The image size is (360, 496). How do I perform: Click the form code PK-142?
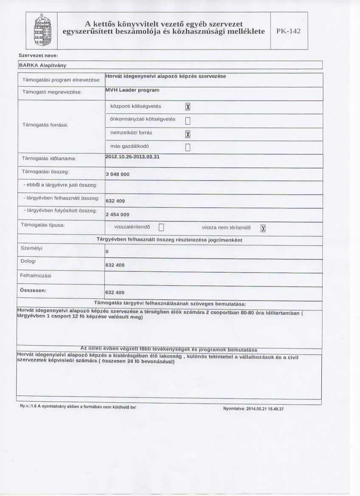[289, 31]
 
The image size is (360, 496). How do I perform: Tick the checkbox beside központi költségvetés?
[187, 107]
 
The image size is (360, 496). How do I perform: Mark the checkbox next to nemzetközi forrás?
[187, 134]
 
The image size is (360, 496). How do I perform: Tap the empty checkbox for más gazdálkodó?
[187, 148]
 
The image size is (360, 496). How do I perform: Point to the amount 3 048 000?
[118, 175]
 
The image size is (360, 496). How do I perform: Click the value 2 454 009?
[118, 214]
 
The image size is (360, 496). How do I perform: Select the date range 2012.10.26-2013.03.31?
[132, 157]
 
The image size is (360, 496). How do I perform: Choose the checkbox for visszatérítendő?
[161, 228]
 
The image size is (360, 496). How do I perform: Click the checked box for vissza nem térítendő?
[263, 228]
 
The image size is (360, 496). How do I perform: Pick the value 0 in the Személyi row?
[107, 252]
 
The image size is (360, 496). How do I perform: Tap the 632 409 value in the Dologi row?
[115, 265]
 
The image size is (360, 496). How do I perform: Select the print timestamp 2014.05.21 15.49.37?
[253, 409]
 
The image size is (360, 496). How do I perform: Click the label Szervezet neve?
[38, 56]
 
